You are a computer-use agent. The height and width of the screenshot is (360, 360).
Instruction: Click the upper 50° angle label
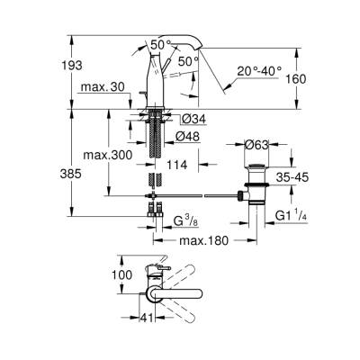click(159, 44)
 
